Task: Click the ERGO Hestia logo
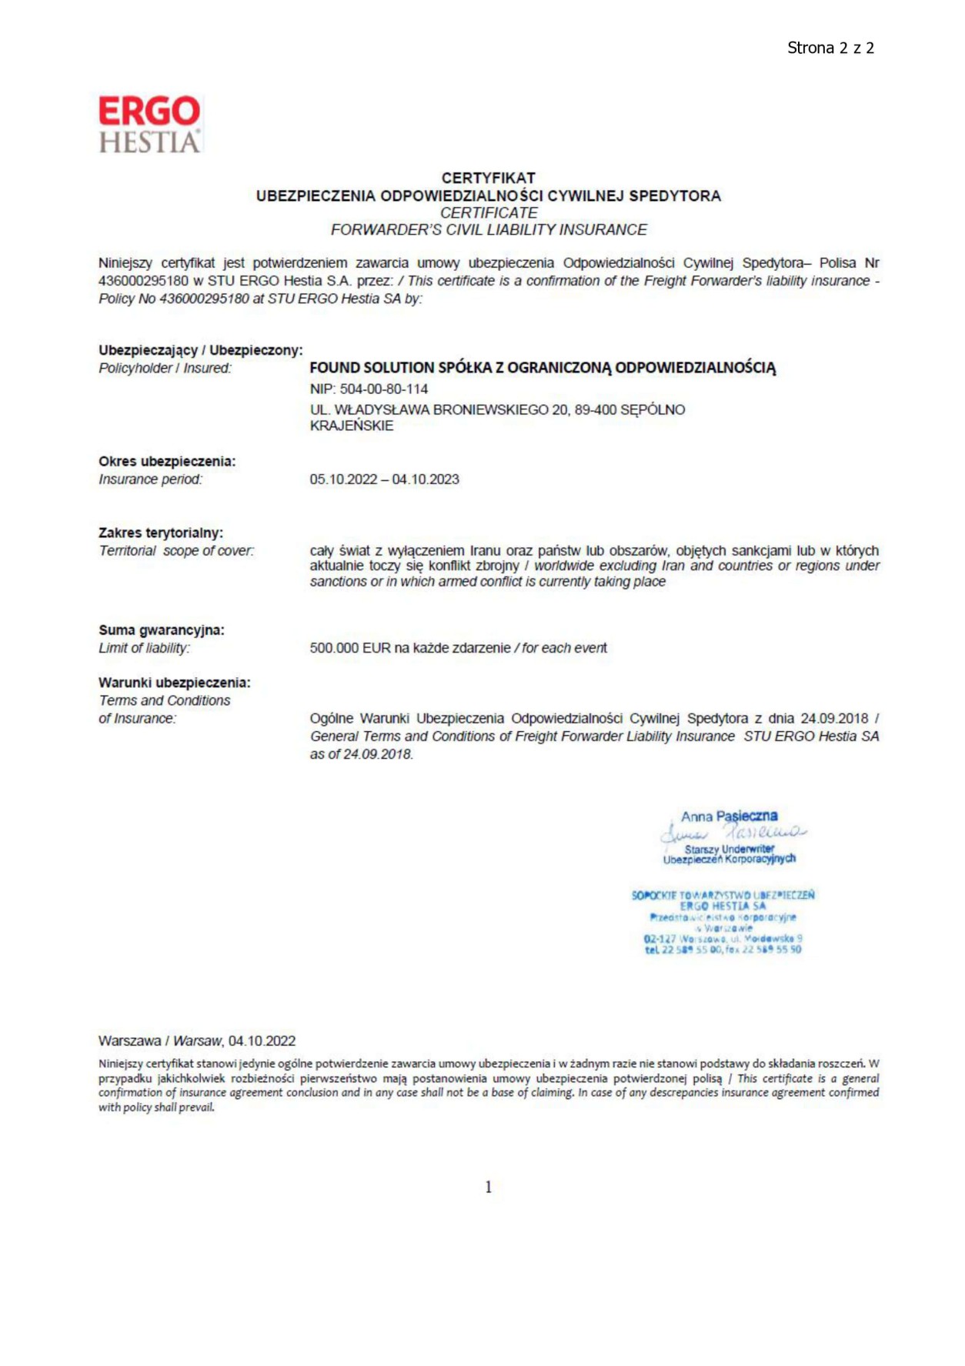click(x=149, y=124)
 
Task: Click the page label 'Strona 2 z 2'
click(x=830, y=48)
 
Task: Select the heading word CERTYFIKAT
click(x=488, y=178)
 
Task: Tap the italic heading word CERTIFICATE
click(x=489, y=212)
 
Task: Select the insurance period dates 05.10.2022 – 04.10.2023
click(x=384, y=479)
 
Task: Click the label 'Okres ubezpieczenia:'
click(x=167, y=462)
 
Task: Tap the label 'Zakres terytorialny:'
click(x=161, y=533)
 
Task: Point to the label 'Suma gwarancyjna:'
click(x=162, y=630)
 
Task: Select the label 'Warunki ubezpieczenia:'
click(x=175, y=683)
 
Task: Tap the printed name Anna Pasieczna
click(x=729, y=816)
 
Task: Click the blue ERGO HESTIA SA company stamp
click(x=723, y=922)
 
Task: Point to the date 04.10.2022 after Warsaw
click(x=262, y=1041)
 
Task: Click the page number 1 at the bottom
click(x=488, y=1187)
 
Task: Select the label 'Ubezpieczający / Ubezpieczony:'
click(x=201, y=350)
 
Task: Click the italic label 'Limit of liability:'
click(x=144, y=648)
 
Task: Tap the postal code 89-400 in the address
click(x=595, y=410)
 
